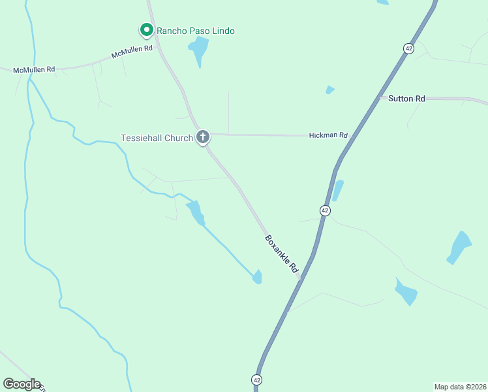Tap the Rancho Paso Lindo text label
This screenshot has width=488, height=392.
point(195,31)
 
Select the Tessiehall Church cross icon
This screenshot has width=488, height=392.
point(203,137)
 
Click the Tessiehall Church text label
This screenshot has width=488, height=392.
point(157,138)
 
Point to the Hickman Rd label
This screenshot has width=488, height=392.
point(328,135)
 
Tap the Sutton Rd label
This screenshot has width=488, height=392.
point(406,99)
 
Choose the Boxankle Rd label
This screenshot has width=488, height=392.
point(282,254)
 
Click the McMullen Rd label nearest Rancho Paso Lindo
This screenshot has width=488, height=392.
point(132,52)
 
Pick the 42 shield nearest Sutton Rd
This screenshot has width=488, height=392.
point(408,48)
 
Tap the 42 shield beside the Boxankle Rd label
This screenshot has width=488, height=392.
point(325,210)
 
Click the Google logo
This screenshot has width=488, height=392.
point(22,384)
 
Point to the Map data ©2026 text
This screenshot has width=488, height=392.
point(460,387)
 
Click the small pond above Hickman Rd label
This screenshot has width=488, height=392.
point(330,90)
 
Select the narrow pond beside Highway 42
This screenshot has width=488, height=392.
point(337,190)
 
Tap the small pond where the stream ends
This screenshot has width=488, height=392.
point(258,277)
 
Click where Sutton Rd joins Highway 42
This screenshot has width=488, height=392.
point(380,98)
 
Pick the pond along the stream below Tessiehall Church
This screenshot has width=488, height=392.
point(196,212)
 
